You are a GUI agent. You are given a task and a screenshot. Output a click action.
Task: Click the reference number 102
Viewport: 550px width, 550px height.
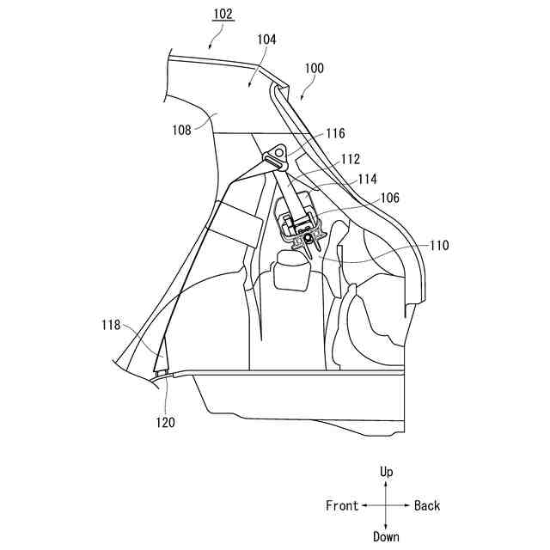(222, 15)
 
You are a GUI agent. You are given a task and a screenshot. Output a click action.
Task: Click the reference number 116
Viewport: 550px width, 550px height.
(335, 134)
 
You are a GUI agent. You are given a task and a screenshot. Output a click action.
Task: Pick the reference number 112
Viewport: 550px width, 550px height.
(350, 159)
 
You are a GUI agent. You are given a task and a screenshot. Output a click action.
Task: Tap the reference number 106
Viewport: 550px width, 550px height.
(390, 198)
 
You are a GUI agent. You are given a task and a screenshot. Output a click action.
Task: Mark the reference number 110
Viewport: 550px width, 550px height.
(438, 245)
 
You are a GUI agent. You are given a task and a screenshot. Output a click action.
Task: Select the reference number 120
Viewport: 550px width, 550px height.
(165, 422)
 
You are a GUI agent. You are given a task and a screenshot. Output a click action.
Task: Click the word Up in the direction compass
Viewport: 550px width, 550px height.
(387, 473)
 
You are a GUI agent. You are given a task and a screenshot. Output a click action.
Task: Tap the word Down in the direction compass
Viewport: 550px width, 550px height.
(387, 537)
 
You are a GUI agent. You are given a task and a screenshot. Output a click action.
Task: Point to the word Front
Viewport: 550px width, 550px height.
(342, 505)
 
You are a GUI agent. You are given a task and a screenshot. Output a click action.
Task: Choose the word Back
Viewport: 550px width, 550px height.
(427, 505)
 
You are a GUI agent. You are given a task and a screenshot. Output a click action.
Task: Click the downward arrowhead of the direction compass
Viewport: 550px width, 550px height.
(387, 525)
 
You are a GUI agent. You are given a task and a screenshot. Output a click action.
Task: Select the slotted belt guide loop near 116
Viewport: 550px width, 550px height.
(276, 162)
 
